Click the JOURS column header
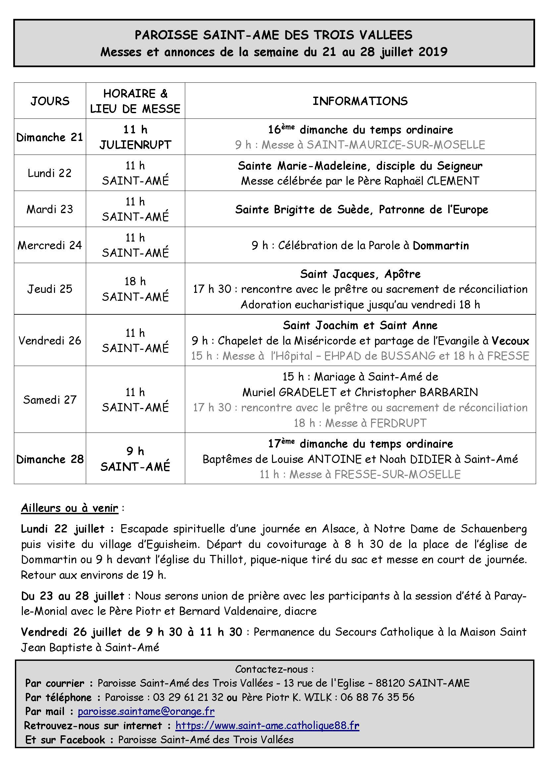50,101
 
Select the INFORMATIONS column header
360,101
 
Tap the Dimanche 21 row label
50,137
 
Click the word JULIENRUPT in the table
135,145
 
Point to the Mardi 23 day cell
50,209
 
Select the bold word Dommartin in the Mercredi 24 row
441,246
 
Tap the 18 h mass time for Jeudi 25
135,281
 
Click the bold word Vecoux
510,341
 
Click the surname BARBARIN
449,392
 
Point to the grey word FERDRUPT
398,423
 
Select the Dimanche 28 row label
50,459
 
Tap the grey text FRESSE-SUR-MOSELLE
397,475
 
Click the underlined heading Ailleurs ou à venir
70,508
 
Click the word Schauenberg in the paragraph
494,529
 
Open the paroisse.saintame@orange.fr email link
146,711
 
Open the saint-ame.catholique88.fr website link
267,725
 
